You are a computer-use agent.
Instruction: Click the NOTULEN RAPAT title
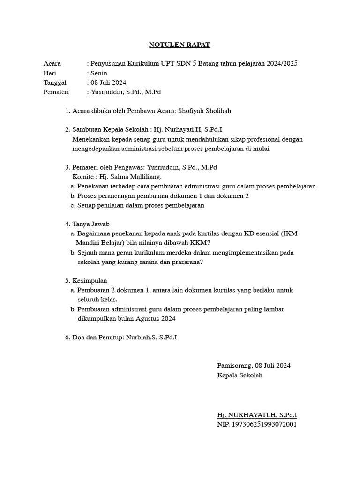tap(180, 45)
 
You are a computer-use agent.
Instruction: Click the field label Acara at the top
tap(52, 63)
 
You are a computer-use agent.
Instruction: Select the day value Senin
tap(98, 73)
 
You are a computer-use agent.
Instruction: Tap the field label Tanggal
tap(55, 82)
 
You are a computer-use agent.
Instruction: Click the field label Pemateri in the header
tap(56, 92)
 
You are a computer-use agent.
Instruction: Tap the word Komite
tap(82, 177)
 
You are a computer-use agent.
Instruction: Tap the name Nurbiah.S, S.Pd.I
tap(151, 337)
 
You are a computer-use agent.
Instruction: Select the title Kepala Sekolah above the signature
tap(240, 375)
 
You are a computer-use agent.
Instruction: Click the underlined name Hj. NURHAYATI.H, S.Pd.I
tap(257, 415)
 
